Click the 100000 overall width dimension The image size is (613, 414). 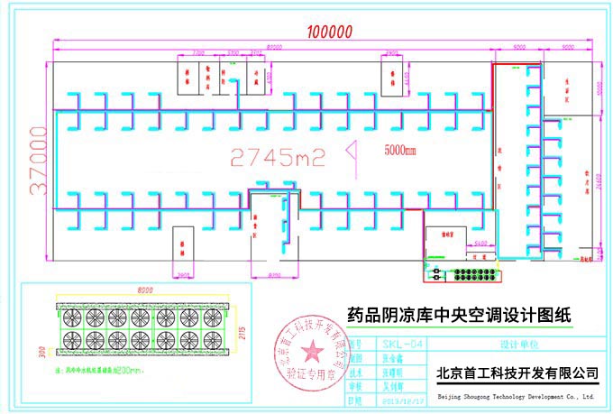327,31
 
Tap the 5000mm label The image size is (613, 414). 400,150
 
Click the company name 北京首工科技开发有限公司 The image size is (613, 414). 517,372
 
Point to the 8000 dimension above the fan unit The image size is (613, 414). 145,290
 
